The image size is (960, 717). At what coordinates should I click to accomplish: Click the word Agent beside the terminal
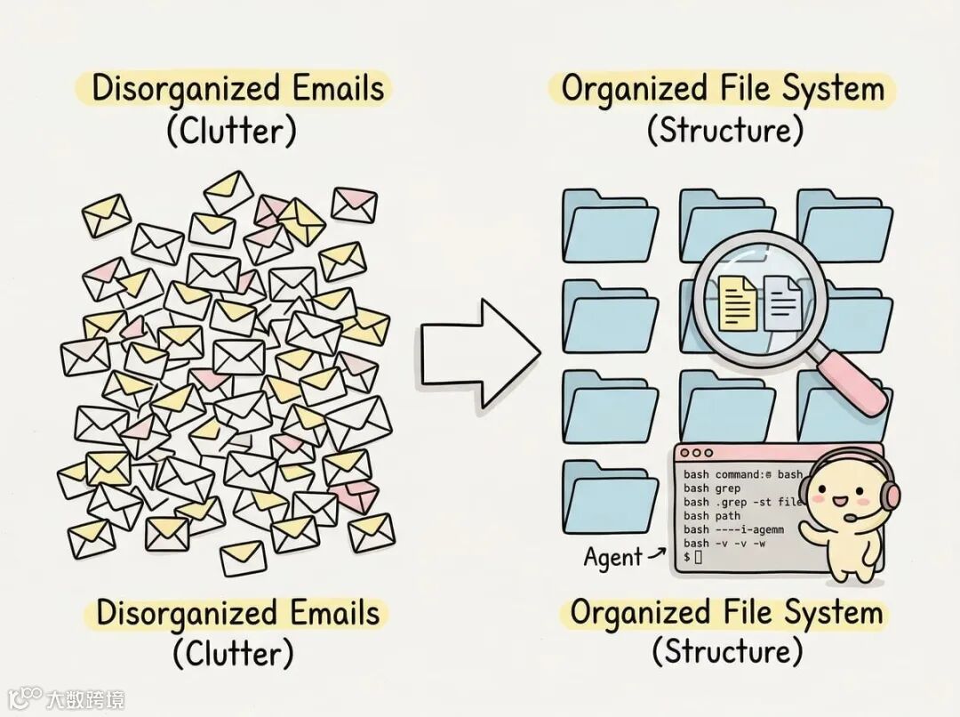[x=612, y=558]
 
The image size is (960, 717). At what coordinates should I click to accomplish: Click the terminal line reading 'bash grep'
[x=712, y=488]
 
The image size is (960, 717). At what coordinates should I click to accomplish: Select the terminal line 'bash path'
[x=712, y=515]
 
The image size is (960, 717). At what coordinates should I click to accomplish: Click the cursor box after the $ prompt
[x=699, y=557]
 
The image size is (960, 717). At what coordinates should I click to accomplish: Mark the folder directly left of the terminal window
[x=609, y=498]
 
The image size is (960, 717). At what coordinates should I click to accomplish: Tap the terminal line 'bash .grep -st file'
[x=743, y=502]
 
